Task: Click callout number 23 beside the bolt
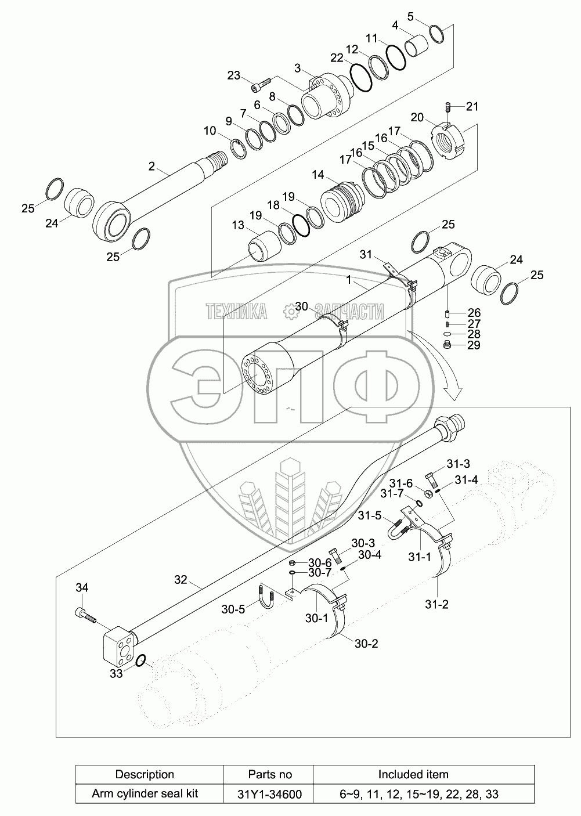click(233, 75)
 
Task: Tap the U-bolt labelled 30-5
click(267, 597)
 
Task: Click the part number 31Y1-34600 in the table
click(270, 794)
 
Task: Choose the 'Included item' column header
click(413, 774)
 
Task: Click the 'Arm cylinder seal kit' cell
click(145, 793)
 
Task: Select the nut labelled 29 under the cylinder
click(448, 346)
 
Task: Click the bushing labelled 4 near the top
click(418, 46)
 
